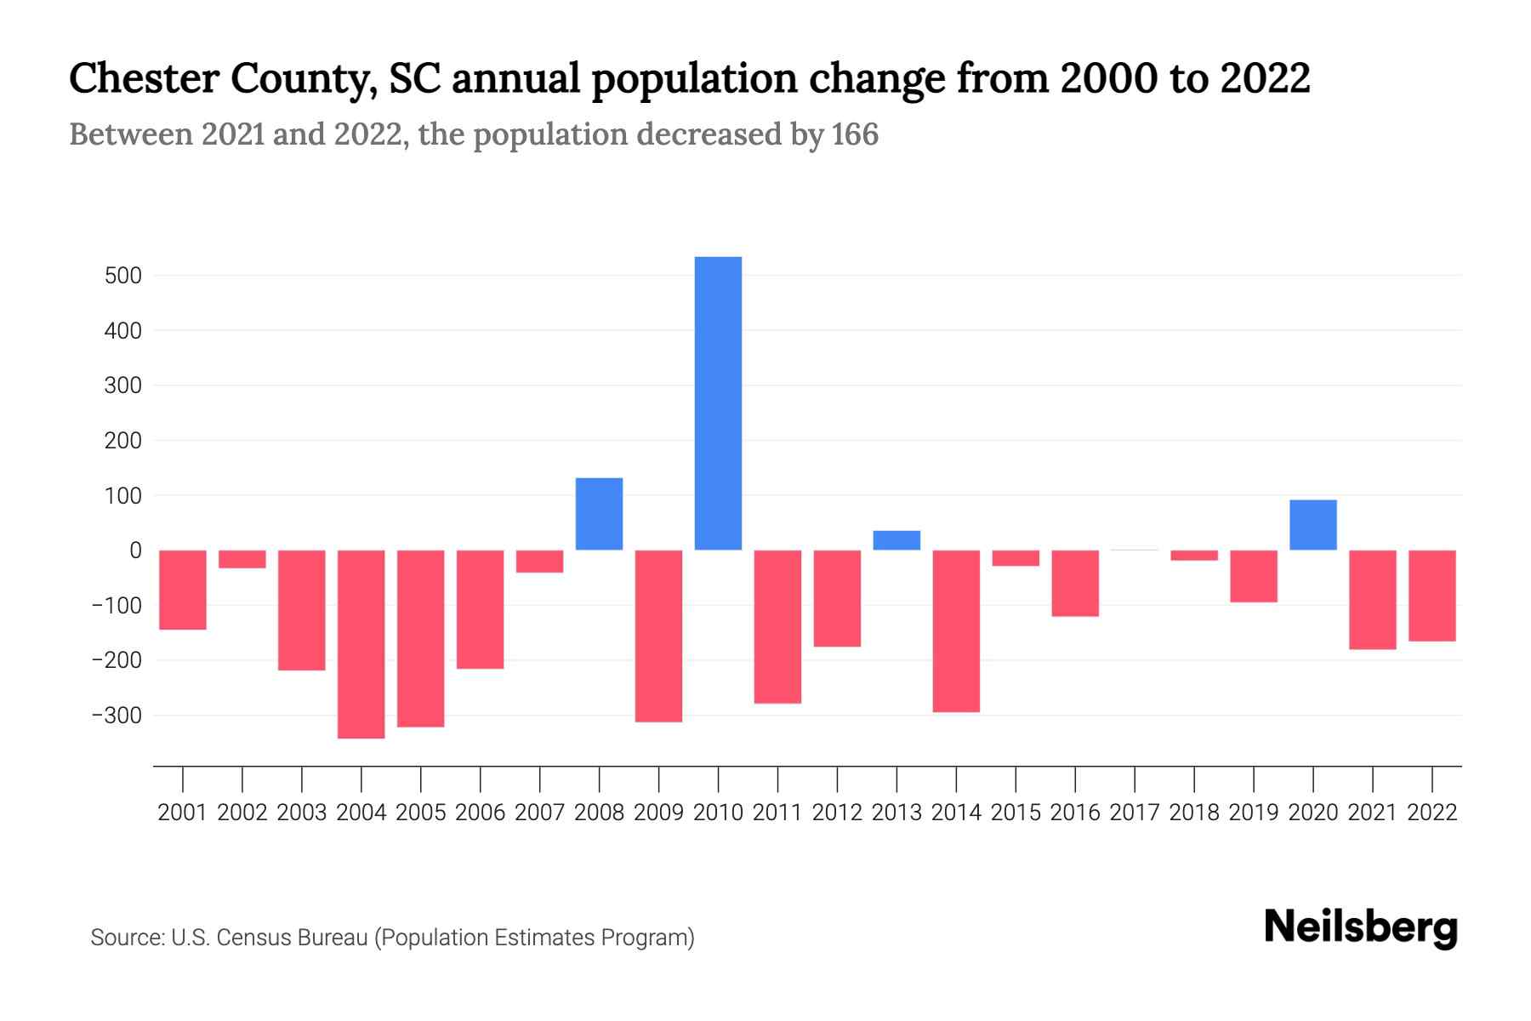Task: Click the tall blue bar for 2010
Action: click(718, 403)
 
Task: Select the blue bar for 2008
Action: click(599, 514)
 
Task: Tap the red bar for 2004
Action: click(361, 644)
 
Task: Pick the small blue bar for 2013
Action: click(896, 540)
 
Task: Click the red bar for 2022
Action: click(1431, 596)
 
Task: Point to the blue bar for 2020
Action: click(1312, 525)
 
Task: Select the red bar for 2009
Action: click(658, 636)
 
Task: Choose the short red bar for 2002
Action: click(242, 559)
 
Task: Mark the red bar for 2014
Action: click(956, 630)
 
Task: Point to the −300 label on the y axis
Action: click(117, 716)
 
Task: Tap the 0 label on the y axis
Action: click(135, 550)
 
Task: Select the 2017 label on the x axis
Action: click(1134, 813)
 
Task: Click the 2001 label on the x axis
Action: click(183, 813)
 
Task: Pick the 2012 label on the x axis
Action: click(837, 813)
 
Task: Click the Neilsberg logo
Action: click(1361, 927)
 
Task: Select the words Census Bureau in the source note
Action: click(293, 938)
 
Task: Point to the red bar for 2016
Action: click(1074, 583)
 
